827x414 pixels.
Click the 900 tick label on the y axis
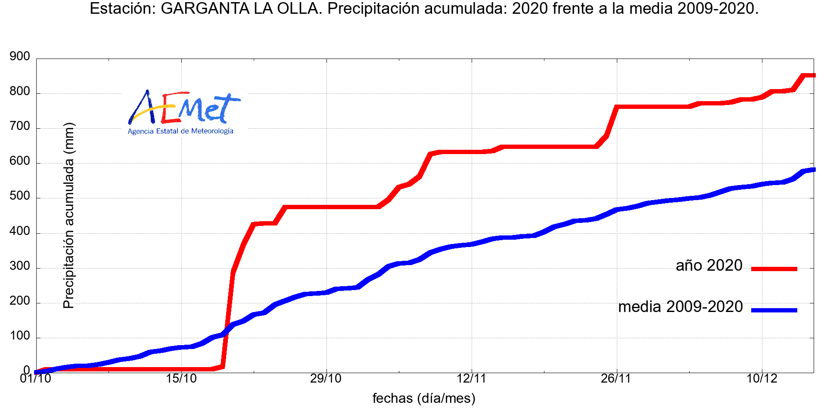point(20,56)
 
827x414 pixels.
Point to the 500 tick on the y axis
point(20,196)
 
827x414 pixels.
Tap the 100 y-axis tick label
point(20,336)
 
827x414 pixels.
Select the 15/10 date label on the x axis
point(181,379)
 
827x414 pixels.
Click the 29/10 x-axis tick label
point(326,379)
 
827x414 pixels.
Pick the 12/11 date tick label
point(471,379)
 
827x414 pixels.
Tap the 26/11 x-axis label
point(616,379)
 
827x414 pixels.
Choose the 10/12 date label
point(762,379)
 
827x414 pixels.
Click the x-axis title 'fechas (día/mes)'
point(424,399)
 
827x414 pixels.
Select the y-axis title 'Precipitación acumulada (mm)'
point(69,216)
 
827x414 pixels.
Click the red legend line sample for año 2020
point(774,269)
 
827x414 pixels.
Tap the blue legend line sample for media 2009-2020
point(774,310)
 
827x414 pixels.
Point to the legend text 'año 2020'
point(709,266)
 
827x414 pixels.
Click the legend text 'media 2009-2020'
point(681,307)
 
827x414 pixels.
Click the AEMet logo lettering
point(183,107)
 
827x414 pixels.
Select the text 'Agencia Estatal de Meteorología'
point(180,131)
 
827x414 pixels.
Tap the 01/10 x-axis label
point(35,379)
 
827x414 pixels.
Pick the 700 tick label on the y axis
point(20,127)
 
